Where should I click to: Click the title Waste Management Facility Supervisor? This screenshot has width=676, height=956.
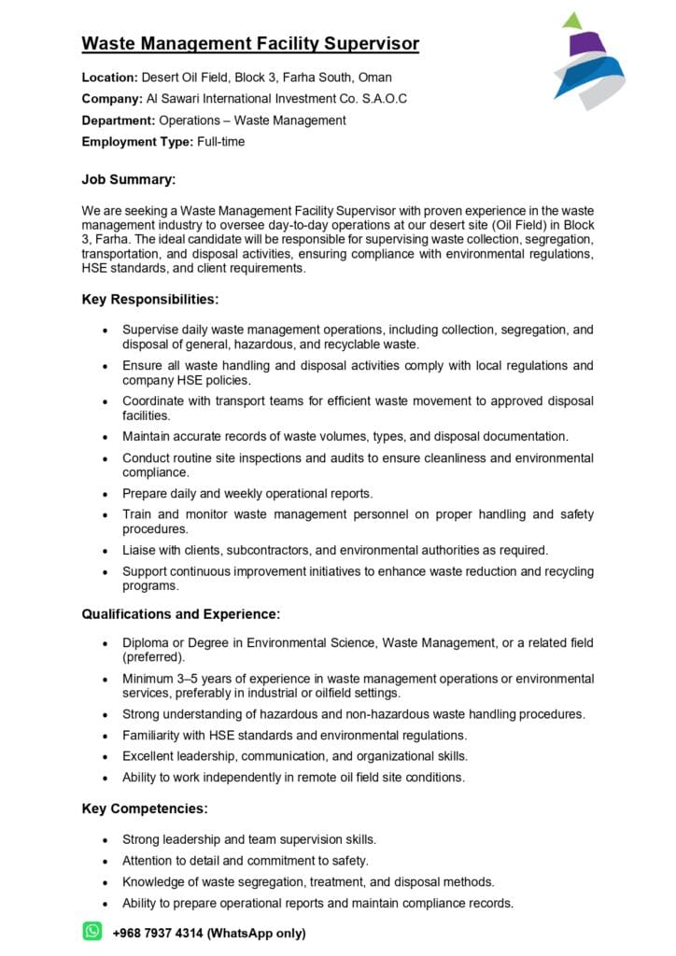[250, 44]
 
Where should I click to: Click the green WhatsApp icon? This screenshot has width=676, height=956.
[92, 931]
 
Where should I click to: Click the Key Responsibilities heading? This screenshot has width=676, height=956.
[150, 300]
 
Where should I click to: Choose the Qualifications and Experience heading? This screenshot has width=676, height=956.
[181, 613]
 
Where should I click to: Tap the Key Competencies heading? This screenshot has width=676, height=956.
[145, 808]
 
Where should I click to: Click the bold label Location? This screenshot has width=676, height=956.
[109, 77]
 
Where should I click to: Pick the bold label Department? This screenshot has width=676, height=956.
[119, 120]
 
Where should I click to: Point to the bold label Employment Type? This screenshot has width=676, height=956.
[137, 142]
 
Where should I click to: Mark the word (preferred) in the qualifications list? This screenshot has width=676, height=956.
[153, 657]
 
